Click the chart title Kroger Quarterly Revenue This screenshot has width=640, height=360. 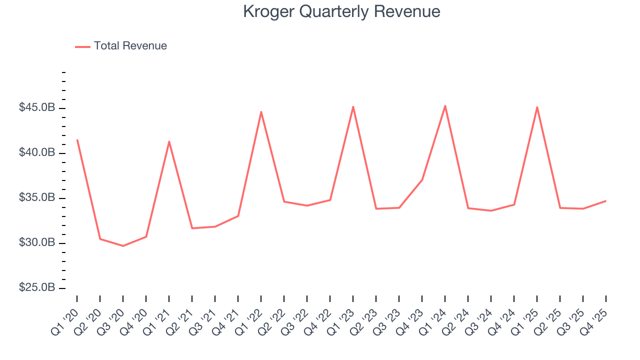341,11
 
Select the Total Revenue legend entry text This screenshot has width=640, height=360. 130,46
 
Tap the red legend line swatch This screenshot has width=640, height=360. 82,46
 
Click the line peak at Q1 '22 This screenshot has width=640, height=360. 261,111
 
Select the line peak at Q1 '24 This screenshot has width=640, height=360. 445,105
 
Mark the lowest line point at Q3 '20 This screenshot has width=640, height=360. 123,245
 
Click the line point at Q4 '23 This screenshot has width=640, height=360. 422,179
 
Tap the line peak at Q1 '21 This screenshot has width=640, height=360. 169,141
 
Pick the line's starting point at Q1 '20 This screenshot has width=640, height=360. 77,140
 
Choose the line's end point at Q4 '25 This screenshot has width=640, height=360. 605,200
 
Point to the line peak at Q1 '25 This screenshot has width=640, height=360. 537,107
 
